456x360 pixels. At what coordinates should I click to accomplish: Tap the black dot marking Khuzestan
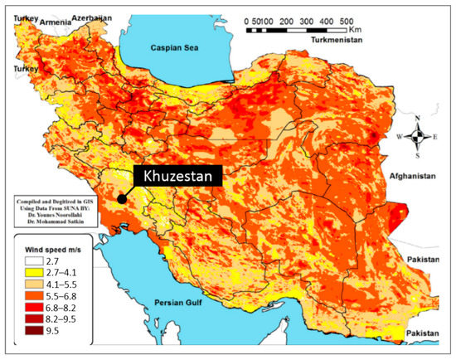point(122,199)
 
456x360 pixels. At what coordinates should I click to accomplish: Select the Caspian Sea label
point(174,49)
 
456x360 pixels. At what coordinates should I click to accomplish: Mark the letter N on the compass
point(421,118)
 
